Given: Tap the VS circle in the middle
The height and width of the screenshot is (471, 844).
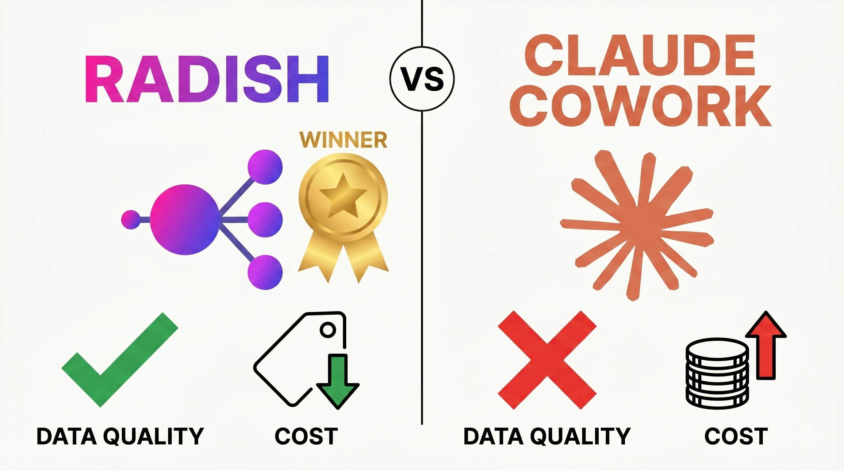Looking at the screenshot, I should point(422,79).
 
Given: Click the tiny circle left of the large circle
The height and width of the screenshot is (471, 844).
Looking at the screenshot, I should point(131,220).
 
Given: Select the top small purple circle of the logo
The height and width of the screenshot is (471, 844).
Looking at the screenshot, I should point(265,167).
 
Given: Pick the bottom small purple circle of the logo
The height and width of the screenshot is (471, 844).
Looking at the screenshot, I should point(265,273).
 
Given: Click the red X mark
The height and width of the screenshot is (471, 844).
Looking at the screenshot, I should point(547,360).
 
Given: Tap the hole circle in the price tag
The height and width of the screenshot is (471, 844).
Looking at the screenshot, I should point(328,330).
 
